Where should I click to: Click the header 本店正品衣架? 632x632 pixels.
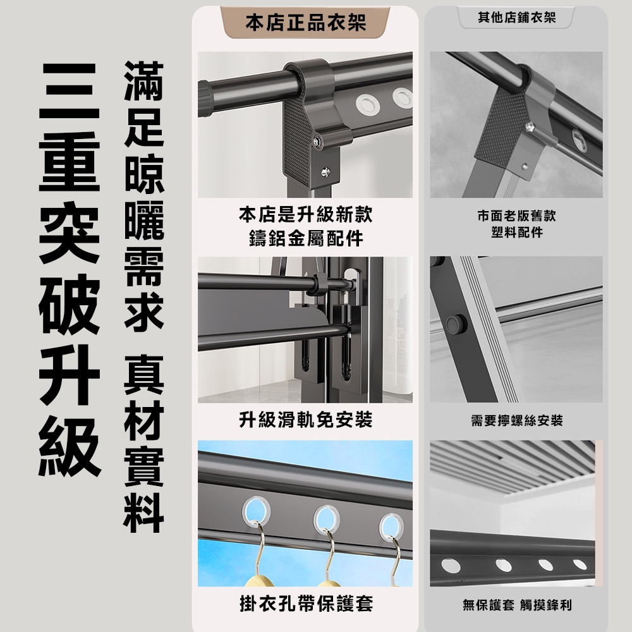[305, 24]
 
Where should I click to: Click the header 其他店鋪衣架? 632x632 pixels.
[516, 18]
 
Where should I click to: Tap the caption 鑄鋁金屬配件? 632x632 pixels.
[305, 239]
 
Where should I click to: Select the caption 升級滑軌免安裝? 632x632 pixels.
[305, 419]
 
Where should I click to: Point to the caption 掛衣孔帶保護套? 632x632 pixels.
[305, 604]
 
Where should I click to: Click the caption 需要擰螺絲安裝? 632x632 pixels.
[516, 420]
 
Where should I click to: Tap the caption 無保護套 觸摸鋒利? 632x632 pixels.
[516, 605]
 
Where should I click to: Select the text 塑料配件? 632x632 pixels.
[516, 233]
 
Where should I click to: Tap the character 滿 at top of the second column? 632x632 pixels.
[144, 81]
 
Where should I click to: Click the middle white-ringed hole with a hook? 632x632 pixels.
[329, 518]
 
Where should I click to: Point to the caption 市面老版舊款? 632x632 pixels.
[516, 216]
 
